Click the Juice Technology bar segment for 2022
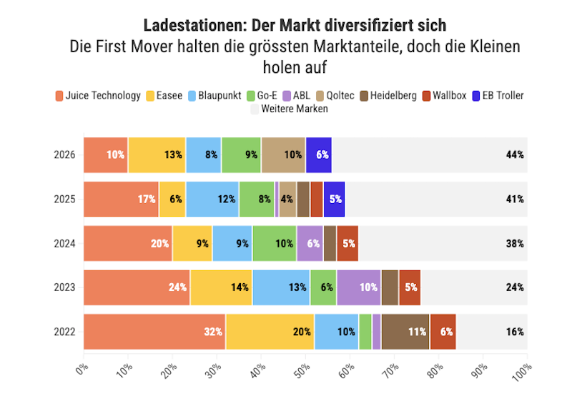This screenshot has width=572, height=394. (154, 332)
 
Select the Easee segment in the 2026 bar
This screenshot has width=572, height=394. (157, 155)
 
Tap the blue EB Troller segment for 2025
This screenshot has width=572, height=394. (334, 200)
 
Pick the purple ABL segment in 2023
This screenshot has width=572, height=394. (359, 287)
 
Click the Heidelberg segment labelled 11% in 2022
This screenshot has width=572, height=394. (405, 332)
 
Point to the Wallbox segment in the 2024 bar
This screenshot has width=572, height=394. (347, 243)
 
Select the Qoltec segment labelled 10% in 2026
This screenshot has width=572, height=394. (283, 155)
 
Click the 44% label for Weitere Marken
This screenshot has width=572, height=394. (515, 154)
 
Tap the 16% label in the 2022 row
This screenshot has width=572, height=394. (515, 332)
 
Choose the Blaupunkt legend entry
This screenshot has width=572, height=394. (214, 96)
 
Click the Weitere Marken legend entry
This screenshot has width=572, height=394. (290, 109)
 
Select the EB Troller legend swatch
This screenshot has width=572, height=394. (476, 96)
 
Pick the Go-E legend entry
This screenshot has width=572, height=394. (262, 96)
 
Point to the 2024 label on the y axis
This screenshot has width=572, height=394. (64, 243)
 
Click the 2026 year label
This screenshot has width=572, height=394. (64, 154)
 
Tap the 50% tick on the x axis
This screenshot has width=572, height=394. (303, 371)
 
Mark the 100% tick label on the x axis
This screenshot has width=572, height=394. (522, 373)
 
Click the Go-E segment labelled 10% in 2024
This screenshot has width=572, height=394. (275, 243)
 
